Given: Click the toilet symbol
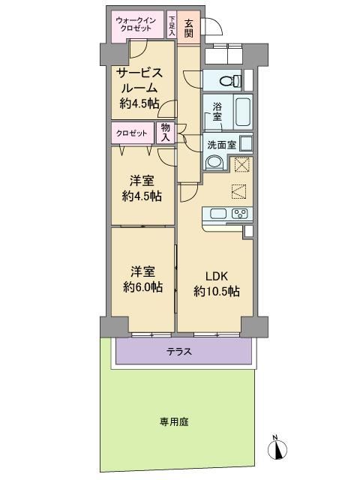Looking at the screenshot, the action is [x=230, y=81].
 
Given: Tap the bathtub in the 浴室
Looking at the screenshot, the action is [x=244, y=112].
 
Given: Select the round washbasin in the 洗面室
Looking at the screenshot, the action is [x=214, y=162].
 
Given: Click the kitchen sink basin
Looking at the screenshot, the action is [x=218, y=213].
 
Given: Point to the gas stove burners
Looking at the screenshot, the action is [x=240, y=213].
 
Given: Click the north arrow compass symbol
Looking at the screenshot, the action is [x=277, y=448].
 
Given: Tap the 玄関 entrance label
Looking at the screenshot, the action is [x=189, y=28].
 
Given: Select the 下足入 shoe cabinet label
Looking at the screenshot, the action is [x=172, y=25].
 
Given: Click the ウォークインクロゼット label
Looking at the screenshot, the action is [x=136, y=24].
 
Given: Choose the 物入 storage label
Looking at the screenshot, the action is [x=166, y=133].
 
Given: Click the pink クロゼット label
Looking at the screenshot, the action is [x=132, y=133].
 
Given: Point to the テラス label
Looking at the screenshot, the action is [x=179, y=351].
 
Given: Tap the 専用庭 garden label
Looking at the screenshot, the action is [x=174, y=422].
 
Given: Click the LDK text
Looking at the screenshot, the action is [x=217, y=277].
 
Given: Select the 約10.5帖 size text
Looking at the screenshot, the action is [x=217, y=292].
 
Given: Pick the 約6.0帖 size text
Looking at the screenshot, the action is [x=142, y=286].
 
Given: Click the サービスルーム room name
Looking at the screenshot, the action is [x=139, y=81].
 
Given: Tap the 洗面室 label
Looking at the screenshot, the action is [x=222, y=145].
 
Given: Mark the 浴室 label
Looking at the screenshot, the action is [x=217, y=112].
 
